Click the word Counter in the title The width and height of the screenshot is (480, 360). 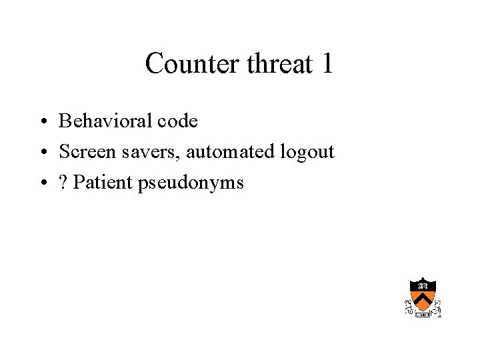pos(193,64)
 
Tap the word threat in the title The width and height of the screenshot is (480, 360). pos(280,64)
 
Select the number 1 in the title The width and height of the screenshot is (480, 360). pos(327,64)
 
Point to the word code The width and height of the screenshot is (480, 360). pos(177,121)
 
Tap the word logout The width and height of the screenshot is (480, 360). pos(307,153)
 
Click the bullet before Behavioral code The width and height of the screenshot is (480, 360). pos(42,122)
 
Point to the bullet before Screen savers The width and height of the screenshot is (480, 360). pos(42,153)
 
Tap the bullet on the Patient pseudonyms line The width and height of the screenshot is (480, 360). pos(42,183)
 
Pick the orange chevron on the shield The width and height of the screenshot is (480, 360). pos(423,299)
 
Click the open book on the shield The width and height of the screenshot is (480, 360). pos(423,285)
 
